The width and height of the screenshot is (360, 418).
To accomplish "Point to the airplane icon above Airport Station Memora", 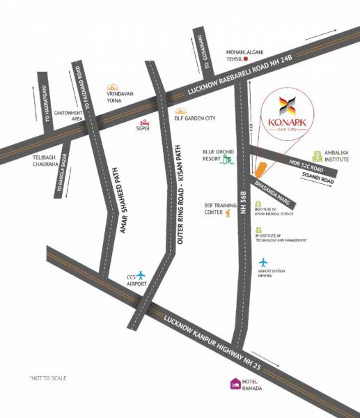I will tap(264, 263).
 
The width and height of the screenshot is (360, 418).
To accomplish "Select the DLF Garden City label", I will tap(195, 118).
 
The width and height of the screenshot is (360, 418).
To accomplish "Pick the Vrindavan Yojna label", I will tap(120, 97).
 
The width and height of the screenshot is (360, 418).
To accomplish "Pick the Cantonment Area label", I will tap(70, 116).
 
